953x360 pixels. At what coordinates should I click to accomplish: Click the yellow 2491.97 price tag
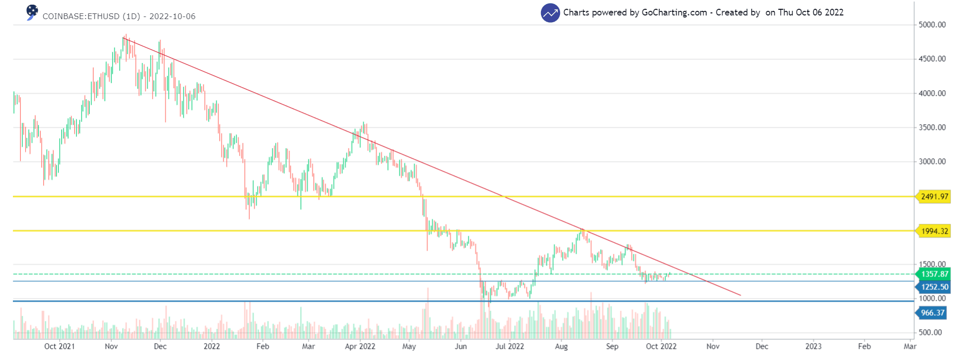click(x=934, y=197)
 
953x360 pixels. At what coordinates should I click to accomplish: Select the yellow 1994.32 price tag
click(x=934, y=231)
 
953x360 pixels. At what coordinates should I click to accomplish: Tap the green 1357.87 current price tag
click(x=934, y=274)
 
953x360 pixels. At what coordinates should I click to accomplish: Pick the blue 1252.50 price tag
click(x=934, y=287)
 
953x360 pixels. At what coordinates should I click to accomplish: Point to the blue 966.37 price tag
click(x=932, y=313)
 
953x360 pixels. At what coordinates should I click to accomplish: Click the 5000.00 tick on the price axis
click(x=932, y=25)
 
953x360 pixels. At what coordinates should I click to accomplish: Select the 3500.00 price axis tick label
click(x=932, y=127)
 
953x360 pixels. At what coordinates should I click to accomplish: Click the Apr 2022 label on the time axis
click(x=360, y=346)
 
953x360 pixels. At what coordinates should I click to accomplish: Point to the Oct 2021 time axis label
click(x=59, y=346)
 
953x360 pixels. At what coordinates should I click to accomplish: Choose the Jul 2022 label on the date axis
click(x=510, y=346)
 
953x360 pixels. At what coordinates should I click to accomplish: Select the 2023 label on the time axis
click(x=813, y=346)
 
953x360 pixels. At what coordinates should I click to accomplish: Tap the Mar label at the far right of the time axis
click(x=910, y=346)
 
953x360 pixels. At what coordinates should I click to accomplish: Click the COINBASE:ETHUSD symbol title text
click(x=91, y=17)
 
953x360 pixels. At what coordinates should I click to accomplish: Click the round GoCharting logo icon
click(x=550, y=13)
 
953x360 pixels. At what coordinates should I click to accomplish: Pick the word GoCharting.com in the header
click(x=674, y=12)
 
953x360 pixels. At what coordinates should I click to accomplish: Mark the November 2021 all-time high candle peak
click(x=125, y=35)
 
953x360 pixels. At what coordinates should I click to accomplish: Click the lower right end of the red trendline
click(x=741, y=295)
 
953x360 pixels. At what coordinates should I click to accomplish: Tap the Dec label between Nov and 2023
click(x=761, y=346)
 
